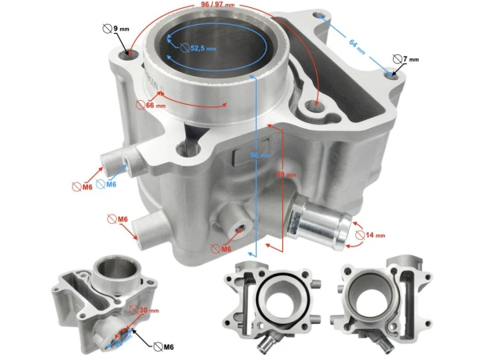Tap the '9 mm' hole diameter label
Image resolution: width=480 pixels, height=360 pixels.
(x=118, y=30)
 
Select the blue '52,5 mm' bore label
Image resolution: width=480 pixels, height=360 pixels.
(x=198, y=48)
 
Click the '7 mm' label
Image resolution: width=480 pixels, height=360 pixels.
(x=407, y=60)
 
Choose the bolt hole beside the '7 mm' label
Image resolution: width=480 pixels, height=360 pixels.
(x=390, y=74)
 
